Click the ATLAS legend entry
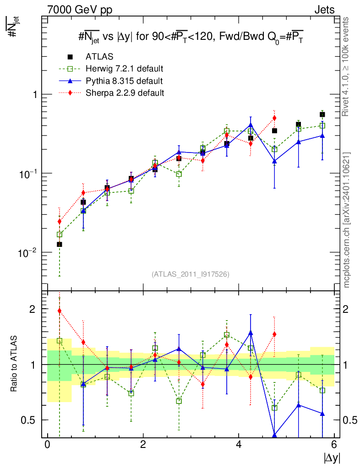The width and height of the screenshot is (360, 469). (99, 57)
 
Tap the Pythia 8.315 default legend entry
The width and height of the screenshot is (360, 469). (124, 81)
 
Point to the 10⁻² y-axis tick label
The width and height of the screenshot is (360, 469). (28, 252)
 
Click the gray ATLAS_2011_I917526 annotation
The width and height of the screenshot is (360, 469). (190, 274)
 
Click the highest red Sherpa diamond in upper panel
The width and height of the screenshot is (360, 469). (274, 118)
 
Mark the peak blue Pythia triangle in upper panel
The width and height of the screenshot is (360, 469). (251, 125)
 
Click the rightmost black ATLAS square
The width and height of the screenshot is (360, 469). (322, 115)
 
